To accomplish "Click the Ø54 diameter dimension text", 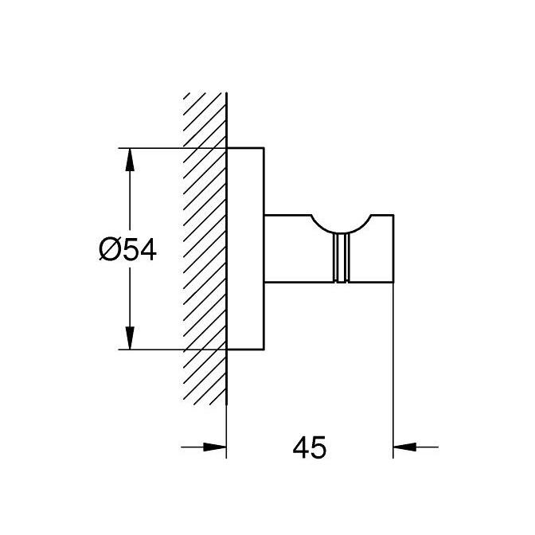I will coord(127,250).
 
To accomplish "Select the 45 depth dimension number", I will coord(310,447).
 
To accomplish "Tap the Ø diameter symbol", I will coord(109,250).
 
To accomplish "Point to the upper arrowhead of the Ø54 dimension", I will coord(128,156).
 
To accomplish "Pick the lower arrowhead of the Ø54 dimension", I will coord(128,341).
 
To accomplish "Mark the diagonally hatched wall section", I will coord(205,247).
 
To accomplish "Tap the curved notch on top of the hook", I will coord(343,225).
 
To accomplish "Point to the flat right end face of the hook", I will coord(393,248).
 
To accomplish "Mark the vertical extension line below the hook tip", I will coord(393,366).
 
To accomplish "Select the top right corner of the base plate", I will coord(264,148).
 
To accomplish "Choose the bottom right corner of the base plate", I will coord(264,350).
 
